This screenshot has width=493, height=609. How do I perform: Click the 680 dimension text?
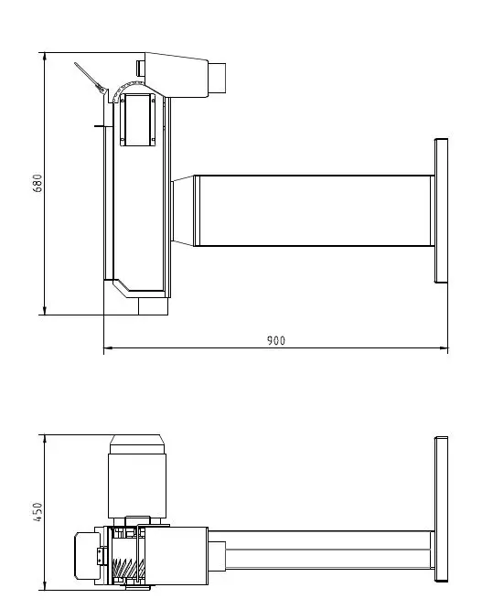38,184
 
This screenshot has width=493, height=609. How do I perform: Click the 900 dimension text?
275,340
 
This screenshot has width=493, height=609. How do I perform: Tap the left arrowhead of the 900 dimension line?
108,348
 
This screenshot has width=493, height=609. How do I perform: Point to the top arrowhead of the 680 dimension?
44,57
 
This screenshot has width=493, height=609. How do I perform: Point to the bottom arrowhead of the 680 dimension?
44,310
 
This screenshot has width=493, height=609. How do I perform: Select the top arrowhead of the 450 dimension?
44,440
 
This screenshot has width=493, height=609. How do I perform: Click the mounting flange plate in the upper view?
441,209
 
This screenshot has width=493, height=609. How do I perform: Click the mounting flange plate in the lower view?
441,508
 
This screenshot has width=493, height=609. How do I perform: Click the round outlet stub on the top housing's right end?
220,78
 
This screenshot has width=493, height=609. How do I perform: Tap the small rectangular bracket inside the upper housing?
137,118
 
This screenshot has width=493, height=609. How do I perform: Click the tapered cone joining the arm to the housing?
183,210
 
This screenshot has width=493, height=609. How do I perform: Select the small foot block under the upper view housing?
152,306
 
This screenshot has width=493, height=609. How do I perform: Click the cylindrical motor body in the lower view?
137,485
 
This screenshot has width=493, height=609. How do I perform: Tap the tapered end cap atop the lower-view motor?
137,443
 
